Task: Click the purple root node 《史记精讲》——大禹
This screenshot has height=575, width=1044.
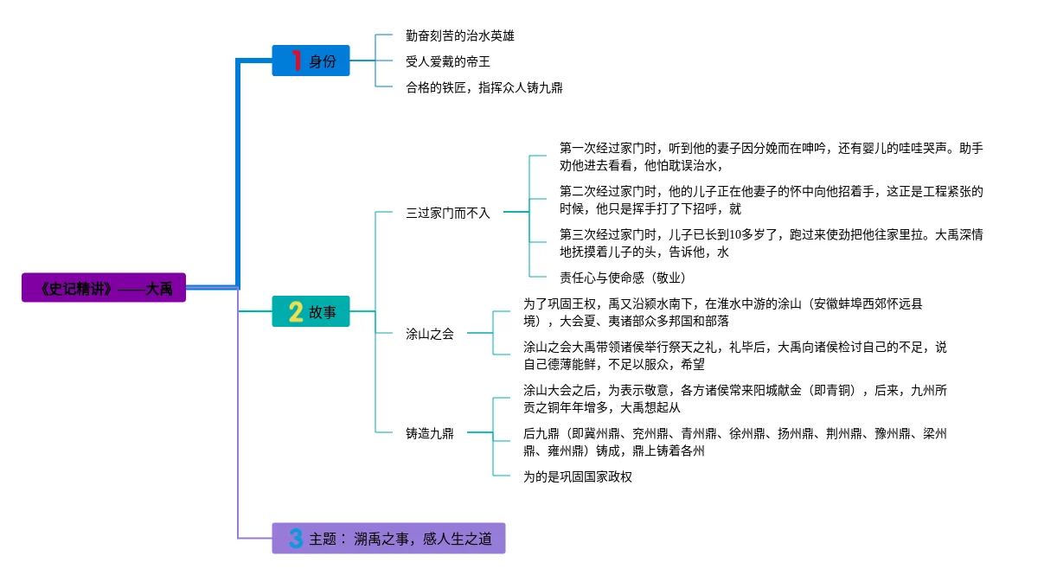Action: pos(104,289)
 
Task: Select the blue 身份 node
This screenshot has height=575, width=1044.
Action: pos(311,61)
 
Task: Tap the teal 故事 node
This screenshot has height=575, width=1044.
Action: pos(311,312)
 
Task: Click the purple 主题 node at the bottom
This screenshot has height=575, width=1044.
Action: pos(387,538)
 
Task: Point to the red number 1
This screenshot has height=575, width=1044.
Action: pos(296,61)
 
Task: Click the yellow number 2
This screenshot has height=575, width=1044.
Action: pos(295,312)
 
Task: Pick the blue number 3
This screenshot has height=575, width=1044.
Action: pos(295,539)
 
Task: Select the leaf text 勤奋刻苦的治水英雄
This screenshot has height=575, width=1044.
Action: pos(460,35)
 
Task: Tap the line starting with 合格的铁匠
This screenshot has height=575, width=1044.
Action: pos(484,87)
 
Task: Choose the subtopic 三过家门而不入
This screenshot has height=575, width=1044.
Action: pos(448,212)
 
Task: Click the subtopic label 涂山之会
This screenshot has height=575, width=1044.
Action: pos(430,334)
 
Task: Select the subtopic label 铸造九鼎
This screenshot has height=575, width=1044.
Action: pos(430,433)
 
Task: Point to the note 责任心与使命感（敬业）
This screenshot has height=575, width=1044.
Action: pos(623,278)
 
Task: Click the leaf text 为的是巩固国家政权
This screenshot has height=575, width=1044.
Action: pos(578,476)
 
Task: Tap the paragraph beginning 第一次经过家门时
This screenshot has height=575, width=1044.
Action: pos(771,157)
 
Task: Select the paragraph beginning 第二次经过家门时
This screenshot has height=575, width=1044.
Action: pos(771,200)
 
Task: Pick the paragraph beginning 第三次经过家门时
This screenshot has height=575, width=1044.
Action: pos(771,243)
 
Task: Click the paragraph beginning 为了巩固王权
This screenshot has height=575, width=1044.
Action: pos(722,312)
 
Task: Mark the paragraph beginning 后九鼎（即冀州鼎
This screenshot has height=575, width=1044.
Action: pos(734,442)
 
